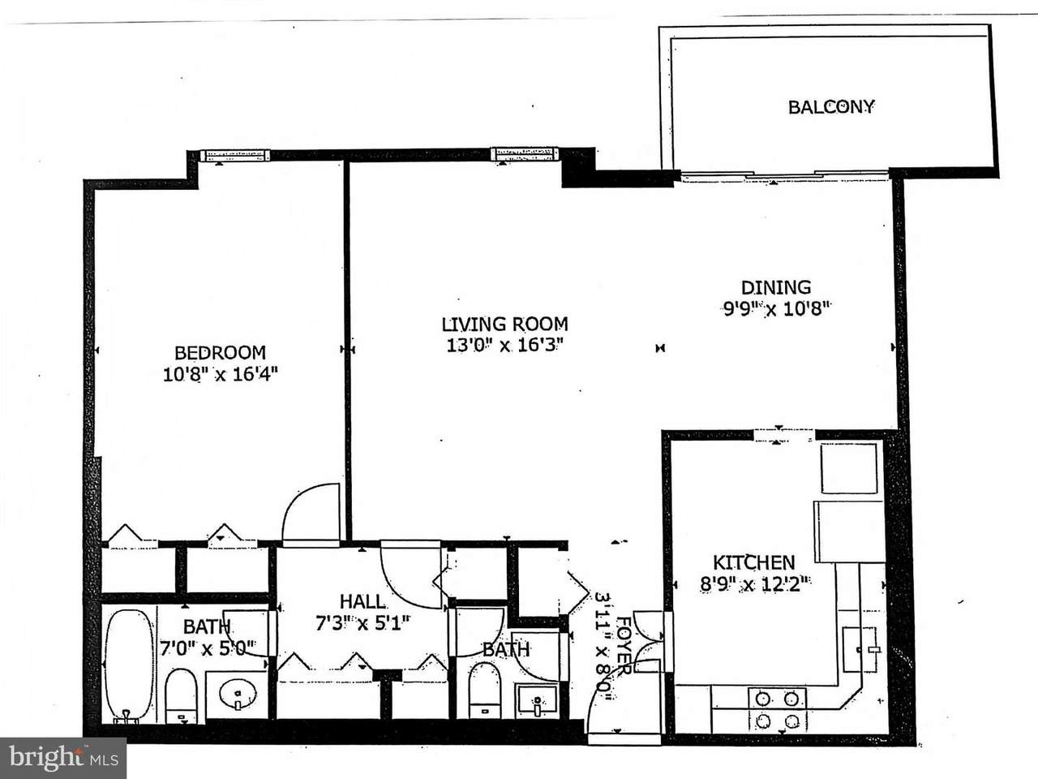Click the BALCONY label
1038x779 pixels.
click(x=831, y=107)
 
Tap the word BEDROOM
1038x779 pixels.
click(x=221, y=353)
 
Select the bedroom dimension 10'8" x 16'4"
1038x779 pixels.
click(x=221, y=375)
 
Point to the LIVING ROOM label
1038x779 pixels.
click(x=504, y=325)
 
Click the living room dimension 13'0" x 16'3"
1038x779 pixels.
click(x=505, y=346)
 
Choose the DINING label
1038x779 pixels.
click(x=776, y=287)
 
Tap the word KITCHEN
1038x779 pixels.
click(x=754, y=563)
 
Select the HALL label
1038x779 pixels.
click(x=362, y=601)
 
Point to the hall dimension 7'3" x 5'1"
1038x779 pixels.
click(x=362, y=623)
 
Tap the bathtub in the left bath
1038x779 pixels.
click(x=129, y=665)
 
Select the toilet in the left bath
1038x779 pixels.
click(x=181, y=696)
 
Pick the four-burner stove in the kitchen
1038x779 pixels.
click(x=778, y=709)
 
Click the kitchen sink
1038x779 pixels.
click(x=860, y=649)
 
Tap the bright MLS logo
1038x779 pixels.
click(x=63, y=758)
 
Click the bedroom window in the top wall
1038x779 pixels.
click(x=235, y=156)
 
